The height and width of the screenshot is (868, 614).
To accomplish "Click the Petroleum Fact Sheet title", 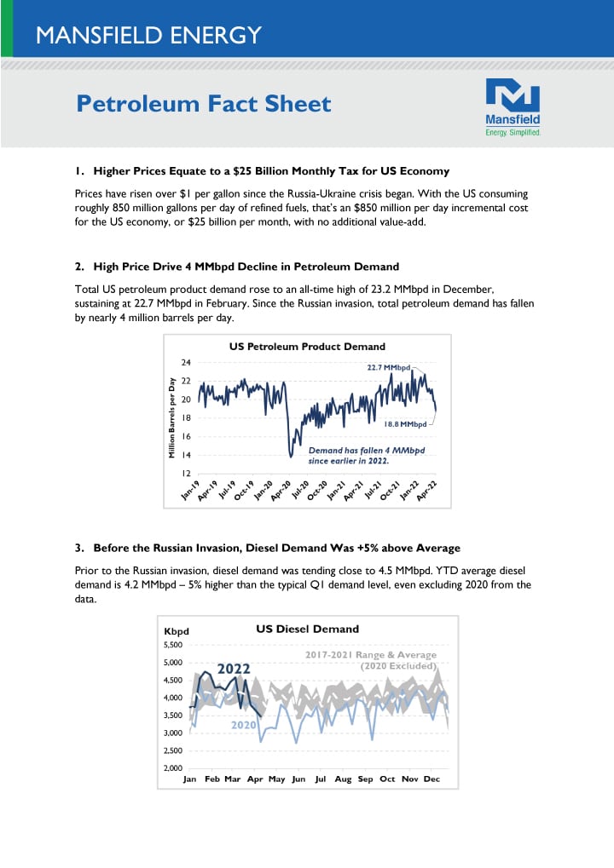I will tap(204, 104).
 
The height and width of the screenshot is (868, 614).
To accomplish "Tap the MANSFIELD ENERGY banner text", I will tap(148, 35).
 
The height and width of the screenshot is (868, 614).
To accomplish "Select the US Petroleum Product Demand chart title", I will tap(307, 347).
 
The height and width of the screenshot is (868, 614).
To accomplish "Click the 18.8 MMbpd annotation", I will tap(405, 423).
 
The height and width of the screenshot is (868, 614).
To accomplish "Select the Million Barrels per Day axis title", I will tap(172, 417).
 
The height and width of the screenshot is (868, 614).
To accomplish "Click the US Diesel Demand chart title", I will tap(307, 629).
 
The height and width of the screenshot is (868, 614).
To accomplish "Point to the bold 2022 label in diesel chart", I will tap(233, 669).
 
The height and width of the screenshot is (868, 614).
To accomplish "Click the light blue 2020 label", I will tap(243, 725).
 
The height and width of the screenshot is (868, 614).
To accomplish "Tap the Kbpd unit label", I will tap(176, 632).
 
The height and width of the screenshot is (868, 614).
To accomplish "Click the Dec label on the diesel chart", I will tap(432, 779).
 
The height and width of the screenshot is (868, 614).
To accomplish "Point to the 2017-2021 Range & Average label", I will tap(371, 655).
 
